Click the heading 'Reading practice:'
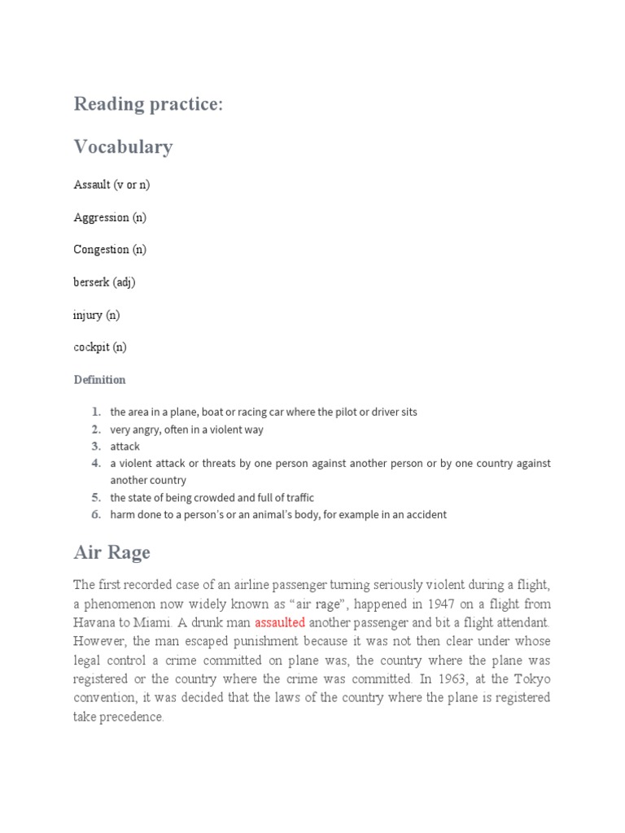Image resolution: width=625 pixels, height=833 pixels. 147,104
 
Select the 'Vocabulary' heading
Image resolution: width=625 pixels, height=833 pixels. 123,147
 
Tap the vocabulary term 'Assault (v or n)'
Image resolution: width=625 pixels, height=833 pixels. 111,185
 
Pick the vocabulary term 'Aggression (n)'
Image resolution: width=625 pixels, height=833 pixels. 110,217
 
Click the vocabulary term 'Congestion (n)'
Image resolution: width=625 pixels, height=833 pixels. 110,250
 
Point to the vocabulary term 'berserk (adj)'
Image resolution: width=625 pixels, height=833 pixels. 104,282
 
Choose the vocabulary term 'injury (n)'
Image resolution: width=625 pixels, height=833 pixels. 96,315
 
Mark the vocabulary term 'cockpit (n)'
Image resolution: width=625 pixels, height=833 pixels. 100,347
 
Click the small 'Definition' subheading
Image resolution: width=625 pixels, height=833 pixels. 99,380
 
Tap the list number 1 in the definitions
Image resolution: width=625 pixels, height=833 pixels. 96,412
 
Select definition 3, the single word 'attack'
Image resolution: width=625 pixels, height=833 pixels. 125,447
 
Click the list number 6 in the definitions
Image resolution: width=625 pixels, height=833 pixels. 96,515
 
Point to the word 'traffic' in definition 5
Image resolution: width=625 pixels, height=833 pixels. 296,498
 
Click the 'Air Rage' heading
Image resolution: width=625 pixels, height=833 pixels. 111,553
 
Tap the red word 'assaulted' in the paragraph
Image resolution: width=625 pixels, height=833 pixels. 280,622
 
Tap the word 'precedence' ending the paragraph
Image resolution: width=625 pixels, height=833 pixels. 133,717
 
